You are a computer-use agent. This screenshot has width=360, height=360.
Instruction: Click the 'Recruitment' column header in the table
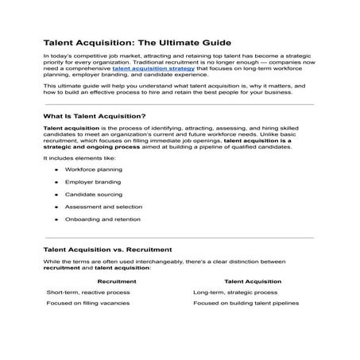tap(116, 281)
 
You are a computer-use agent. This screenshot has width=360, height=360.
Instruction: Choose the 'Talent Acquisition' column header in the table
tap(251, 281)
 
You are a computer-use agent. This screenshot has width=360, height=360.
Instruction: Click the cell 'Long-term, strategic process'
tap(235, 292)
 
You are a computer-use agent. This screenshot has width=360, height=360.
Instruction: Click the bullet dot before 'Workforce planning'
tap(56, 170)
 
